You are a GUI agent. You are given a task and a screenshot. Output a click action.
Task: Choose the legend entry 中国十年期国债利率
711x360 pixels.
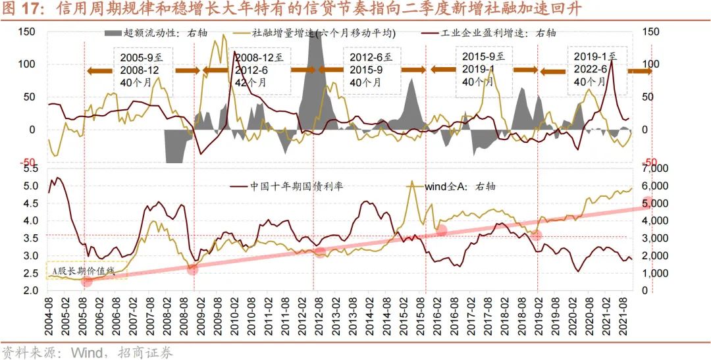[296, 186]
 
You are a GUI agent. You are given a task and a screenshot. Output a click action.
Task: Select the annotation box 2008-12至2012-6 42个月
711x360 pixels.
[258, 70]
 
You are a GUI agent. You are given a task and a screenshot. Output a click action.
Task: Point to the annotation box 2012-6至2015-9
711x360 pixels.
[373, 70]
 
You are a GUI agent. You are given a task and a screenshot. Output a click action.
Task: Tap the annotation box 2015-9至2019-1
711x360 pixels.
[487, 70]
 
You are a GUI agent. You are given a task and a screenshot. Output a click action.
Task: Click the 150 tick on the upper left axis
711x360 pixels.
[26, 32]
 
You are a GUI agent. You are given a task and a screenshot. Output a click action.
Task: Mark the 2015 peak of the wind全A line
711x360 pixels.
[412, 182]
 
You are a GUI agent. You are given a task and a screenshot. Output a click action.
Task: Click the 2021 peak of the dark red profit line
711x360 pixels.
[612, 60]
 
